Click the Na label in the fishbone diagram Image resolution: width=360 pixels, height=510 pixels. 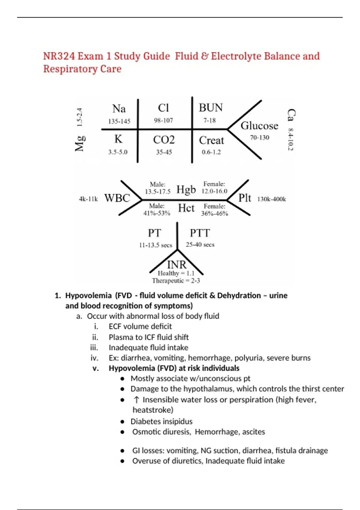(x=119, y=109)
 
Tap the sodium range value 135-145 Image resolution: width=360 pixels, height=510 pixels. (x=119, y=121)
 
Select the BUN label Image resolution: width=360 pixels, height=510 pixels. (x=211, y=108)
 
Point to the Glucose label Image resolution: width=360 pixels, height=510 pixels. (x=259, y=126)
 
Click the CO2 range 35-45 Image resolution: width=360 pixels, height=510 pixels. (x=164, y=152)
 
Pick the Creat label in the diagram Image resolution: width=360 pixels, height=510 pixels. (x=211, y=140)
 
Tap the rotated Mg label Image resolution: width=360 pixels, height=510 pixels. (x=80, y=143)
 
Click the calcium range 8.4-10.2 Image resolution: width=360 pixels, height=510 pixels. (x=290, y=139)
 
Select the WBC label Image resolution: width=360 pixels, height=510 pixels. (x=117, y=198)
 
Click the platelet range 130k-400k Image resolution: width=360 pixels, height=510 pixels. (x=271, y=199)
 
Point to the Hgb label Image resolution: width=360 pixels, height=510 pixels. (x=186, y=190)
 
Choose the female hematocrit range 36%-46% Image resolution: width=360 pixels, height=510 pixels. (x=214, y=214)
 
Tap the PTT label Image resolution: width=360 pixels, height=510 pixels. (x=200, y=233)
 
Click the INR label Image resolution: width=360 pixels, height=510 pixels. (x=177, y=265)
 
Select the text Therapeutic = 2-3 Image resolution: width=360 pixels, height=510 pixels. (x=176, y=281)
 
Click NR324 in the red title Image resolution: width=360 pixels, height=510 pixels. (x=58, y=56)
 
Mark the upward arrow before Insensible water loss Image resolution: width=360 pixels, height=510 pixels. (x=136, y=400)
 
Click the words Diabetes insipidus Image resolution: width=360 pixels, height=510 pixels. (x=161, y=421)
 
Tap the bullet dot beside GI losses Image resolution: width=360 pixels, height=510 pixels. (x=122, y=451)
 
